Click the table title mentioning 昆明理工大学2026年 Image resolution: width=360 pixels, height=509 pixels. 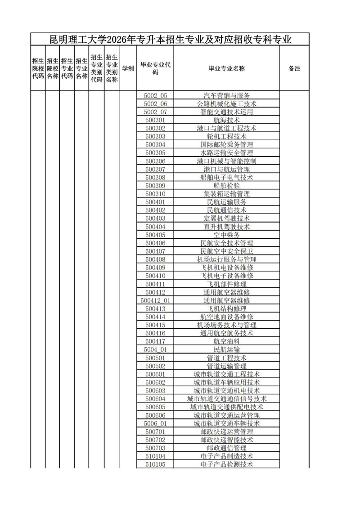170,40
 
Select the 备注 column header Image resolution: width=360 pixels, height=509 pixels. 294,69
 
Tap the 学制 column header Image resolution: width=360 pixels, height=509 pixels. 128,69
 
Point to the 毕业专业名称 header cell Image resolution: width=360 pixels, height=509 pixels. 226,69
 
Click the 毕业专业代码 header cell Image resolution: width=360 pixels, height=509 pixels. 155,68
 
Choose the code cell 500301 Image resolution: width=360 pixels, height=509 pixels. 155,120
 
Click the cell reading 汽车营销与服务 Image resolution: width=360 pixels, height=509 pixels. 226,95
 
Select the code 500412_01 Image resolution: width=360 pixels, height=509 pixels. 155,300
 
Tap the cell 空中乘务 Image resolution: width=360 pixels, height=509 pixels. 226,235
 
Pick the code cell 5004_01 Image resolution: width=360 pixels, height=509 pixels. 155,349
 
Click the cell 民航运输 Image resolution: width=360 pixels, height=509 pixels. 226,349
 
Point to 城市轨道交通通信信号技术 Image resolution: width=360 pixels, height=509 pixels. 226,399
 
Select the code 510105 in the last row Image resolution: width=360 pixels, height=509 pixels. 155,464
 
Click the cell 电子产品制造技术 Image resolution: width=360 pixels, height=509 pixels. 226,456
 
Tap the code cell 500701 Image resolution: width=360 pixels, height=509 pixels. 155,432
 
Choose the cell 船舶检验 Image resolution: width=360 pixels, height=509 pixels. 226,186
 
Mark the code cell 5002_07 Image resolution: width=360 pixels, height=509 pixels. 155,112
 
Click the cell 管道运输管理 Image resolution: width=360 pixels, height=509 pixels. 226,366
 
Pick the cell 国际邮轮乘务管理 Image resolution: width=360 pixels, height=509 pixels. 226,145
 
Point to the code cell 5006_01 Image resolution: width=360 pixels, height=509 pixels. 155,424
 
